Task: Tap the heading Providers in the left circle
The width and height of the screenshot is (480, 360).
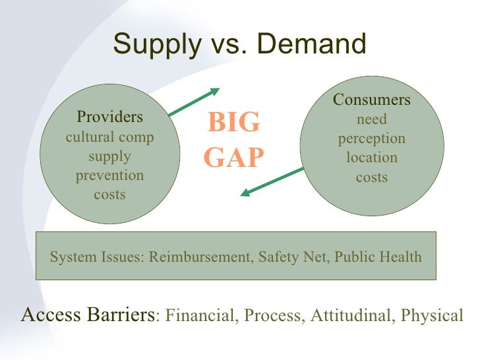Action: [109, 117]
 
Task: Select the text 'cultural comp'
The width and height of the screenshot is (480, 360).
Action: [109, 138]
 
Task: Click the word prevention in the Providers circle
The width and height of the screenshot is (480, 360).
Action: [109, 176]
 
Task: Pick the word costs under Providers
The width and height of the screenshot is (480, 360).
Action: [109, 195]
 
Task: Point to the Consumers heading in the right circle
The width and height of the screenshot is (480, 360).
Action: [371, 100]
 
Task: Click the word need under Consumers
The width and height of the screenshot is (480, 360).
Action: [371, 120]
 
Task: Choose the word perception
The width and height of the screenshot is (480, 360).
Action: [371, 139]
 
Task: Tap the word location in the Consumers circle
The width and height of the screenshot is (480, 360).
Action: [371, 158]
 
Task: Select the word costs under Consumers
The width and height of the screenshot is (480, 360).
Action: [371, 177]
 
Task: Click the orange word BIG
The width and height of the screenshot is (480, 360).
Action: [233, 123]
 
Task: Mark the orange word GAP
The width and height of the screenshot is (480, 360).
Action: [233, 158]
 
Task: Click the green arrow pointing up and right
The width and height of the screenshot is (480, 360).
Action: [194, 103]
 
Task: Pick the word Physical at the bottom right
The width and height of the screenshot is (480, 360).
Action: [432, 316]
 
